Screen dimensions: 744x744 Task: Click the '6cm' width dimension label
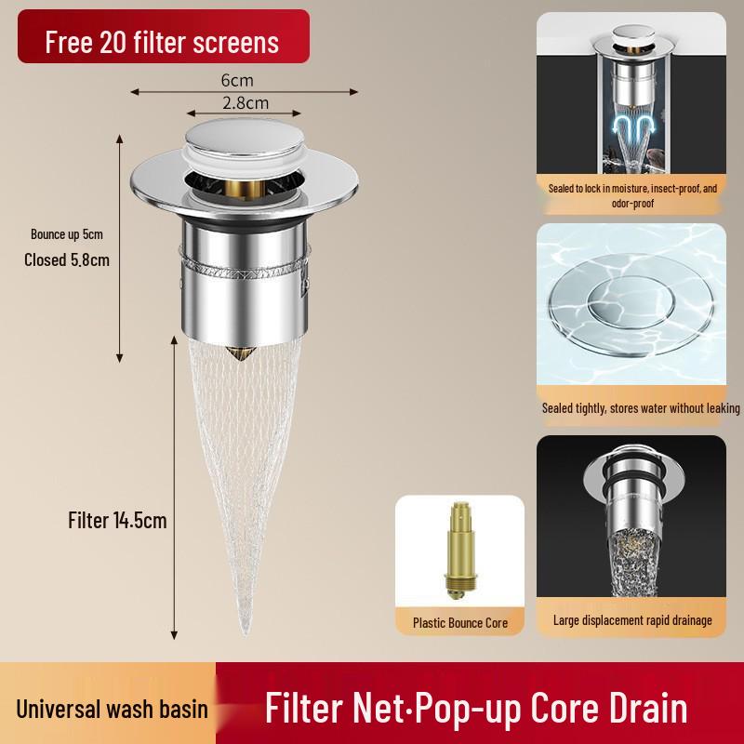(237, 80)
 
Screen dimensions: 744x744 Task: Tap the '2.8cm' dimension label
(246, 102)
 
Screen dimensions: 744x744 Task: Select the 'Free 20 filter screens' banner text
(162, 42)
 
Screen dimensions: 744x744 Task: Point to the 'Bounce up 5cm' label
(67, 234)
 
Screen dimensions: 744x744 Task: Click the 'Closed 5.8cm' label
(67, 259)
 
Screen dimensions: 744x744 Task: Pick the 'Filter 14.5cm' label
(117, 521)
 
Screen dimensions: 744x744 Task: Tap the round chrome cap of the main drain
(245, 136)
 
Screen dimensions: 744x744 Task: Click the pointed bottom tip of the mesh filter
(245, 632)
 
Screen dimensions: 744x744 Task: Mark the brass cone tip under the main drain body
(241, 353)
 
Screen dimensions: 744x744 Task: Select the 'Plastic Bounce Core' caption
(460, 622)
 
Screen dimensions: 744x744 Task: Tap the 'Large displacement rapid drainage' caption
(632, 619)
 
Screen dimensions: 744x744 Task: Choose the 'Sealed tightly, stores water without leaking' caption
(641, 408)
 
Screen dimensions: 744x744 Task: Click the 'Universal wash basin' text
(112, 710)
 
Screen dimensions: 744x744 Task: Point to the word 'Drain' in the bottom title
(648, 708)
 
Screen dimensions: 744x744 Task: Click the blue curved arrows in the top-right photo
(633, 126)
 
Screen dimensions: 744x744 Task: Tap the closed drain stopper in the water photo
(631, 305)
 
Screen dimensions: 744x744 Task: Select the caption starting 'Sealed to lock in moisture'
(632, 195)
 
